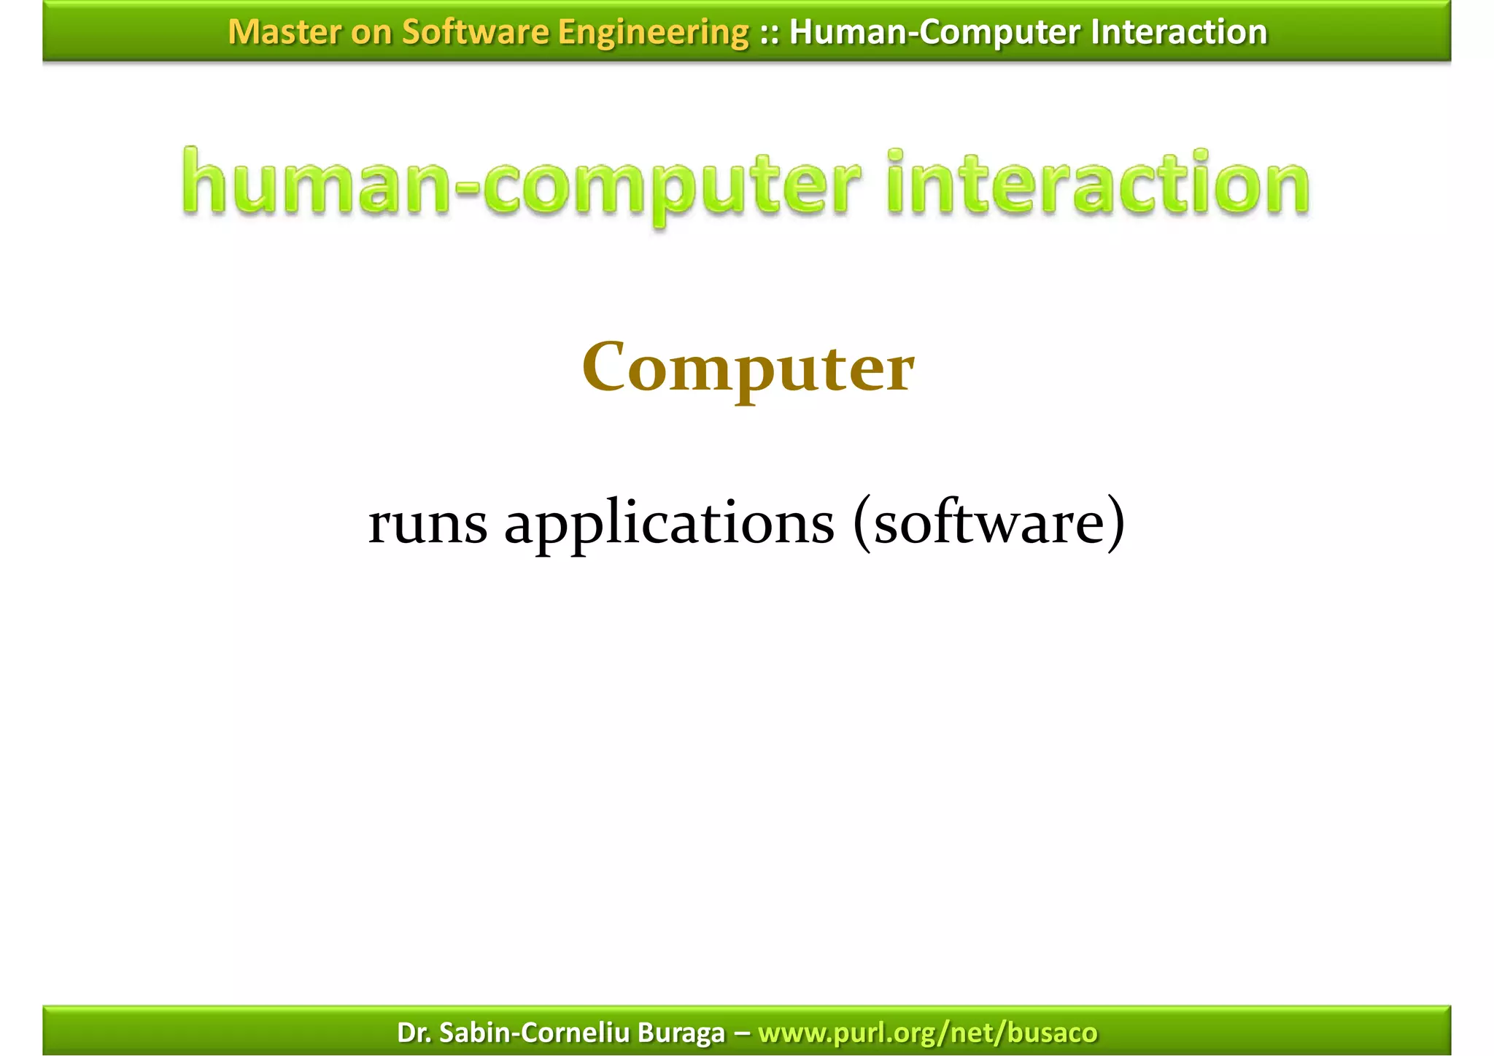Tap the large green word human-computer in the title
(521, 185)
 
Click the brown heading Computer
(748, 369)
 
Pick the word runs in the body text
(427, 523)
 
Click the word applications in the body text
(669, 525)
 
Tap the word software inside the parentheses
(989, 523)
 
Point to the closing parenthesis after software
(1115, 523)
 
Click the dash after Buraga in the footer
(741, 1033)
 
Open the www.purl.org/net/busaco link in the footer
(927, 1033)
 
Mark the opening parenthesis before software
(862, 523)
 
